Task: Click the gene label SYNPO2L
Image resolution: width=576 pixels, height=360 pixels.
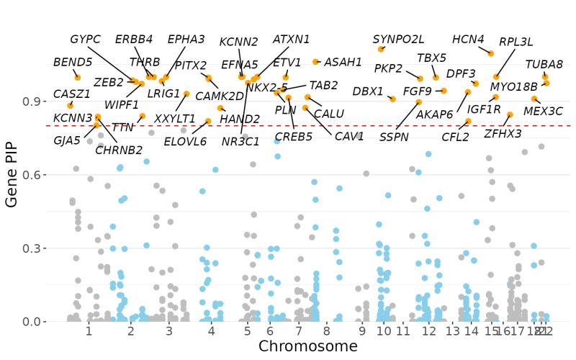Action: coord(398,39)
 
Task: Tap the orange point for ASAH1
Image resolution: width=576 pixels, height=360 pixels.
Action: coord(316,62)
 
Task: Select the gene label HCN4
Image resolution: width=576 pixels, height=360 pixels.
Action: coord(468,39)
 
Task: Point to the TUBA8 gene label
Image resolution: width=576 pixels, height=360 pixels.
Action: coord(544,64)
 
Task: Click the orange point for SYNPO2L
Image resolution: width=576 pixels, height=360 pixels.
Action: coord(381,49)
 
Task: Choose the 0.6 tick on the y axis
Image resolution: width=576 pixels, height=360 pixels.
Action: coord(32,175)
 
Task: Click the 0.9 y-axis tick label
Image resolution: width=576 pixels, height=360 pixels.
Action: coord(32,102)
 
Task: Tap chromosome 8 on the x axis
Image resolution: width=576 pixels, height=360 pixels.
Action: coord(327,331)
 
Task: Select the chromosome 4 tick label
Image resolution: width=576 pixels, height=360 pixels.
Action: coord(211,331)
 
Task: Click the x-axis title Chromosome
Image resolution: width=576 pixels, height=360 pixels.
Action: coord(307,346)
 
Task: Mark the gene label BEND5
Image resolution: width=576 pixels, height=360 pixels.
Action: coord(73,63)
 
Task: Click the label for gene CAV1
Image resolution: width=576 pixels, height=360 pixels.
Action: coord(349,136)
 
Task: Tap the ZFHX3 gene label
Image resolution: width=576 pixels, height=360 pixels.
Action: coord(503,133)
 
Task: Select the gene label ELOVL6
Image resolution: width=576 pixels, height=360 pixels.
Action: coord(185,141)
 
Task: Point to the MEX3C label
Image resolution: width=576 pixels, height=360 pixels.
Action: coord(543,111)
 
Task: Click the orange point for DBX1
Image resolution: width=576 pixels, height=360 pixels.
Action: coord(392,99)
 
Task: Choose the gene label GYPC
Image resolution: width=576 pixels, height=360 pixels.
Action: coord(85,39)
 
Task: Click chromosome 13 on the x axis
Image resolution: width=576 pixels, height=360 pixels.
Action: coord(452,331)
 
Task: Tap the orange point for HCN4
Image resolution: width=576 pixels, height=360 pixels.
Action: coord(491,53)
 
